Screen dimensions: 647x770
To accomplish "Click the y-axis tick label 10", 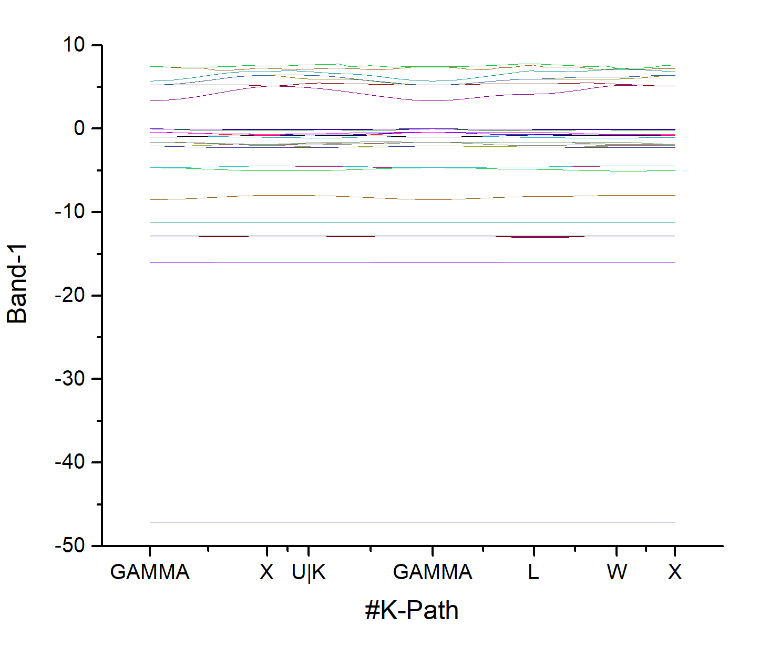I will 74,45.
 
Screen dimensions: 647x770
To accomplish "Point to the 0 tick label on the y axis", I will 79,128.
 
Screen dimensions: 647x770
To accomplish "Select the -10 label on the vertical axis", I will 70,212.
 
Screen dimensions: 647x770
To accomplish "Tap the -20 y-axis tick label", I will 70,295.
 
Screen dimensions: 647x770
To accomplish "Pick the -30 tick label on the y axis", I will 70,379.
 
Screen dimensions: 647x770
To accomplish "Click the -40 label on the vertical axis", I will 70,462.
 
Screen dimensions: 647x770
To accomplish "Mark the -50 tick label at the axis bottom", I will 70,545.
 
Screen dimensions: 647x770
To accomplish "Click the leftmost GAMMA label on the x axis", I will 150,572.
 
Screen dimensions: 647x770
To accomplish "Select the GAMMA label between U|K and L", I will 433,572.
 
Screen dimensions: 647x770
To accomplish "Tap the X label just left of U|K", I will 266,572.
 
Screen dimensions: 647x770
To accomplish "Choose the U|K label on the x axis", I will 309,572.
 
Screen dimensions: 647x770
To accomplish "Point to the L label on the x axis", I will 533,572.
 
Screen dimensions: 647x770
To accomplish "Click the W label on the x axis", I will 617,572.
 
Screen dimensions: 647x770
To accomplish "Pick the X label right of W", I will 675,572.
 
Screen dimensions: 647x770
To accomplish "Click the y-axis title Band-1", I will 17,284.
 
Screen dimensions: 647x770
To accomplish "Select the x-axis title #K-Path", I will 412,611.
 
